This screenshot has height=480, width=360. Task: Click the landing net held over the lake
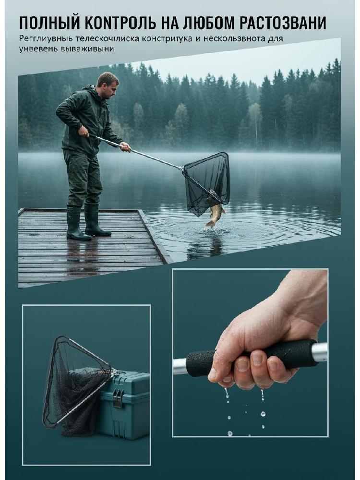tap(207, 182)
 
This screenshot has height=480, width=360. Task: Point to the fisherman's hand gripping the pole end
tap(83, 132)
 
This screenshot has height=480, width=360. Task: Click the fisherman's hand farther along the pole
tap(125, 147)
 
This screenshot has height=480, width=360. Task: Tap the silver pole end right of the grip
tap(320, 352)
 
